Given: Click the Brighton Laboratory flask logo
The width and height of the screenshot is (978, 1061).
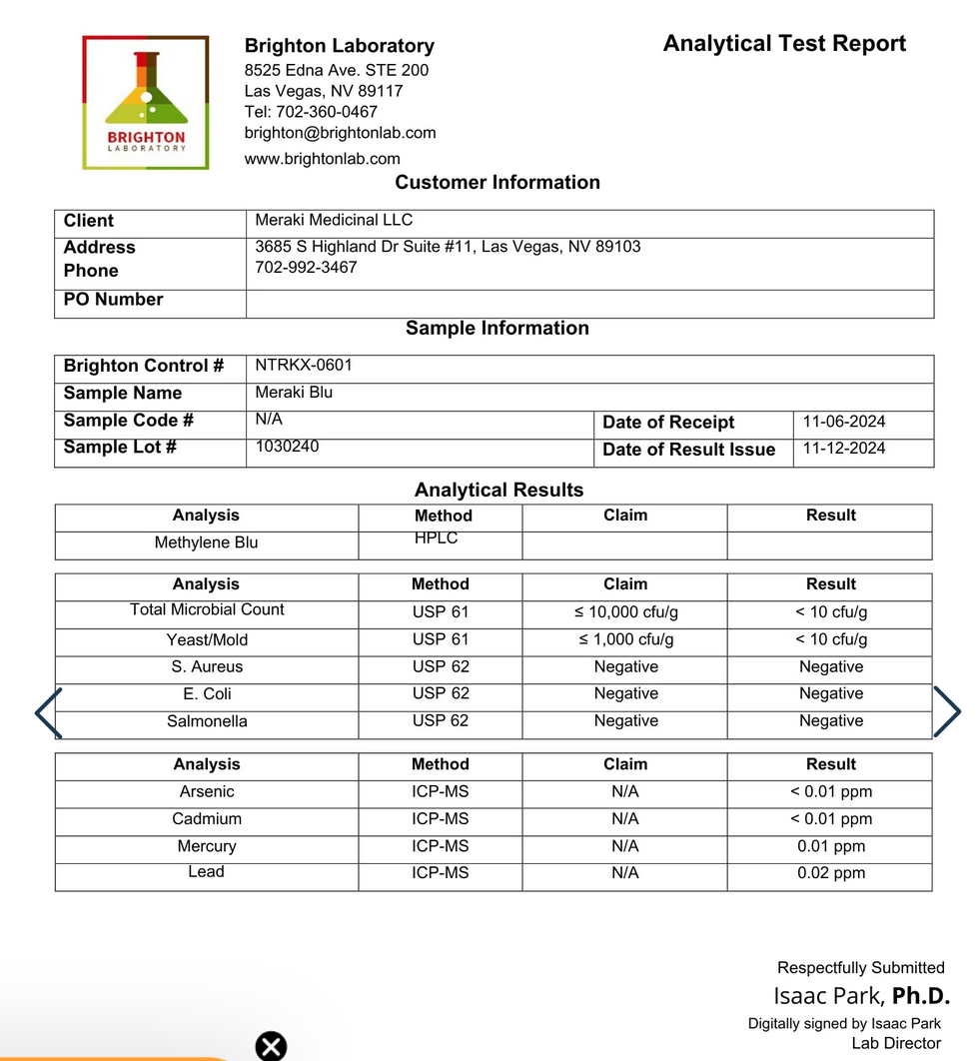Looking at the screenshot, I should tap(146, 103).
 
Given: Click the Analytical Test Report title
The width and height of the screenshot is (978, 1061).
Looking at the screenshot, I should tap(784, 44).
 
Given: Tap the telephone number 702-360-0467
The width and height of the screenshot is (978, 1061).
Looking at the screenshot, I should tap(311, 112).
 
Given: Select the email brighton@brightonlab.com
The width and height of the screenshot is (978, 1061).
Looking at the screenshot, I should tap(340, 133).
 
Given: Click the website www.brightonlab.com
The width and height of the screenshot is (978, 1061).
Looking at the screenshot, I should tap(322, 159).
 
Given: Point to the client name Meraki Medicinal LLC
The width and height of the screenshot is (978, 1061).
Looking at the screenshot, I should tap(334, 221).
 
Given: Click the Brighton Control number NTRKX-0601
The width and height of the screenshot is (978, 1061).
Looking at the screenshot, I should tap(304, 366).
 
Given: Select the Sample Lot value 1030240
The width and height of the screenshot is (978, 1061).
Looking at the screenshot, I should tap(287, 447).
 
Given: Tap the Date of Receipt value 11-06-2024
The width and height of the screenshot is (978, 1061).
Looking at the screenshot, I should tap(843, 422).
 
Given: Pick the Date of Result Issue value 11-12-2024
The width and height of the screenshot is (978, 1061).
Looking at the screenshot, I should tap(843, 449).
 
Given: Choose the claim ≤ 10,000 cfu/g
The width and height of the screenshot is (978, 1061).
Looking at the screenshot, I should tap(625, 612).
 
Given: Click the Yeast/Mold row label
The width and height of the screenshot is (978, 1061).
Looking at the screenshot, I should tap(207, 640).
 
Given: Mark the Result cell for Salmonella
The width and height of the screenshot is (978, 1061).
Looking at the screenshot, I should tap(830, 721).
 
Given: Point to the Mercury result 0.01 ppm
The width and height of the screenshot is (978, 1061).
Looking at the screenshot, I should tap(830, 846).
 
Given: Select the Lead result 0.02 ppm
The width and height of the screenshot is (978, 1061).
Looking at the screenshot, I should tap(830, 873).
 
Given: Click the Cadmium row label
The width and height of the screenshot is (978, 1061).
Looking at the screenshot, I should tap(207, 819).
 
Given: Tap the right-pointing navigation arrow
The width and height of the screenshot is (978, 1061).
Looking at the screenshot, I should tap(946, 712).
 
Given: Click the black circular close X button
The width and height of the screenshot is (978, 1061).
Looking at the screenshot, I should tap(271, 1046).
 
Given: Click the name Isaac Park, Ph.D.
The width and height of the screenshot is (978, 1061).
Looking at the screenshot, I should tap(860, 996).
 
